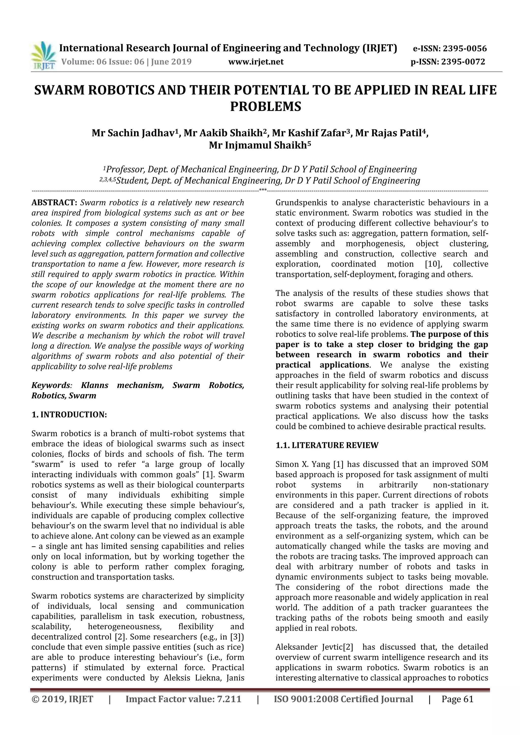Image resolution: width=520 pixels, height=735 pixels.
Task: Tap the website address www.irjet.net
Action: (256, 62)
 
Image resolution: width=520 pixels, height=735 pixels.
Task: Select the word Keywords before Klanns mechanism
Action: (51, 385)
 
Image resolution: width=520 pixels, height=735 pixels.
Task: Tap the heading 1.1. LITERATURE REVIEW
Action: (327, 445)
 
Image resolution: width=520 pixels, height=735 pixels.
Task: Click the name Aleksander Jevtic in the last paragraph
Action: (309, 647)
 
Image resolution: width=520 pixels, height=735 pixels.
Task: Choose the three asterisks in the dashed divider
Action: (263, 190)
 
